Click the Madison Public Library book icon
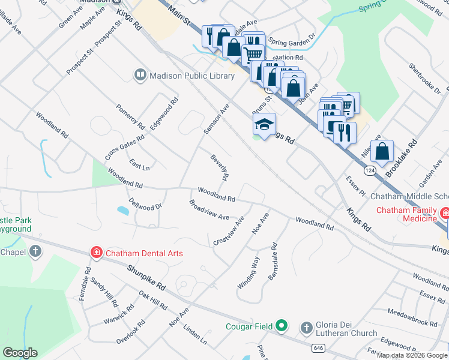point(140,75)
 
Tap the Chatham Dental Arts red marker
point(96,253)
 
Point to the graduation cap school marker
point(264,125)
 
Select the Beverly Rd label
point(220,167)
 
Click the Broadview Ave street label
point(209,209)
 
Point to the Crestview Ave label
point(229,230)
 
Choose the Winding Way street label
point(248,272)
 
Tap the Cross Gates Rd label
point(124,146)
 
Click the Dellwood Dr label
point(145,203)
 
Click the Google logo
point(20,353)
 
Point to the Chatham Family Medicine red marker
point(445,214)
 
